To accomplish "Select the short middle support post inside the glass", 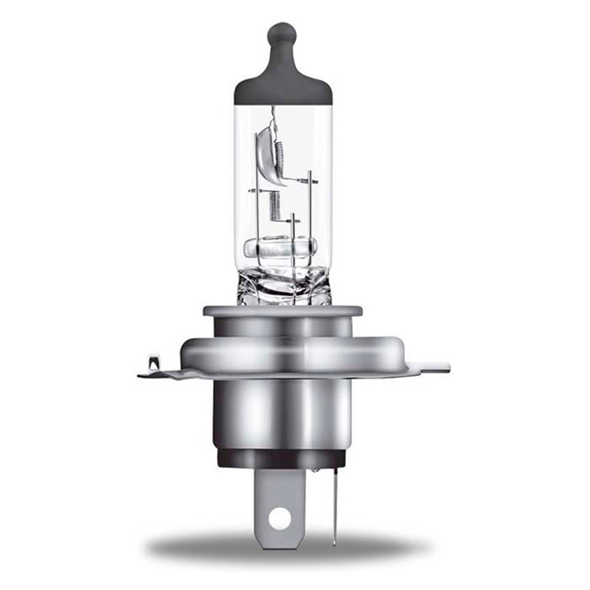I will [x=293, y=226].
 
